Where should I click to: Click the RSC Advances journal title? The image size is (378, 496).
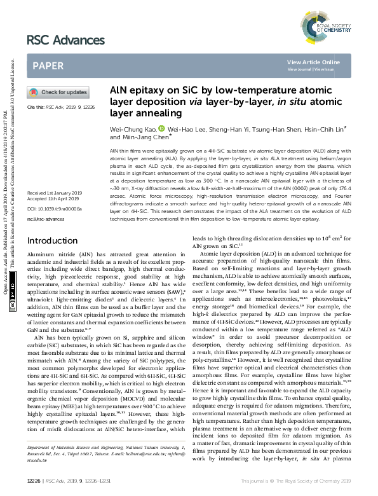pos(65,40)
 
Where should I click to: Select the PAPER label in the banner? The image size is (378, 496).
pos(48,65)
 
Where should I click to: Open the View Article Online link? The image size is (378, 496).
pos(313,62)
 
